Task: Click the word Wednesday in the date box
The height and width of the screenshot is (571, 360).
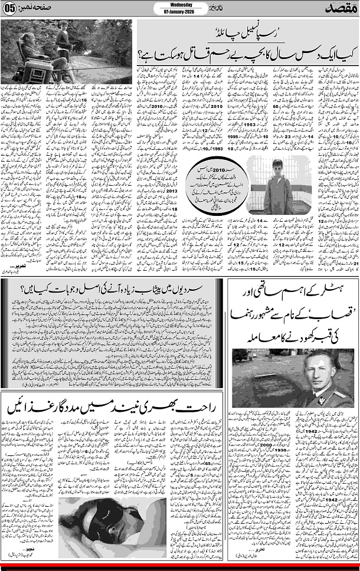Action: pyautogui.click(x=179, y=5)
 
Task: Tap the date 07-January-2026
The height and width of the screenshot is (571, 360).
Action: pyautogui.click(x=179, y=12)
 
